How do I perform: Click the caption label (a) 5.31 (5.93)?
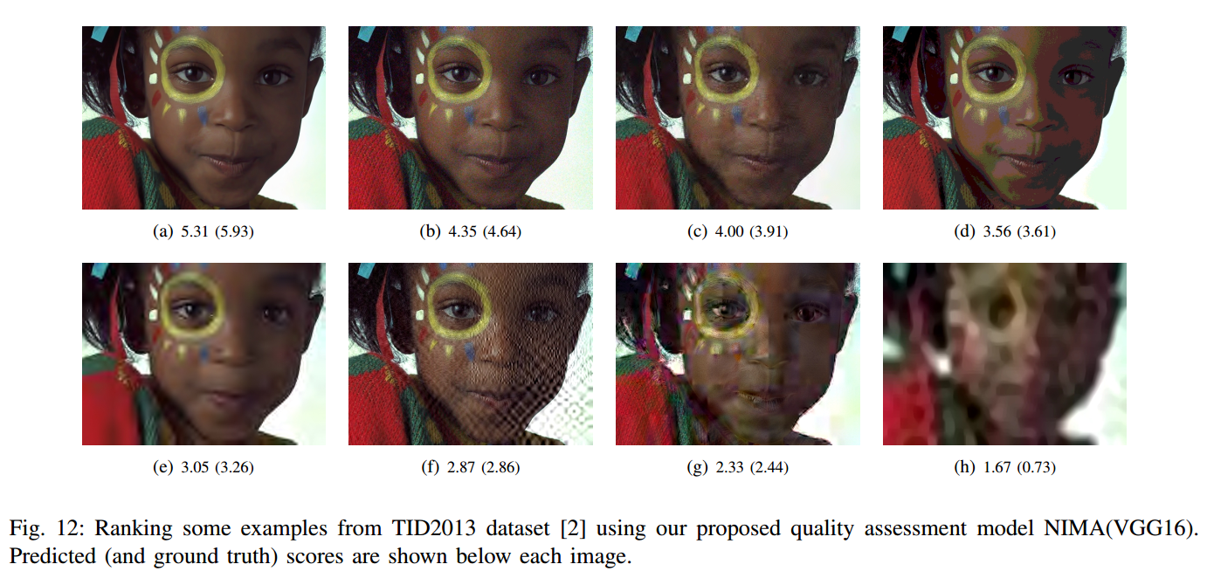pos(203,232)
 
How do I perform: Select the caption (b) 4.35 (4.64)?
pos(470,232)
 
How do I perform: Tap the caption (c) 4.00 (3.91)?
pos(737,232)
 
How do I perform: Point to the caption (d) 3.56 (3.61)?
pos(1004,232)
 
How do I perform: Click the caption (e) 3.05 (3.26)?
pos(203,468)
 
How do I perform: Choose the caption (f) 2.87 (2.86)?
pos(470,468)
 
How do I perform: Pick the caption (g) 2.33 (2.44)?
pos(737,468)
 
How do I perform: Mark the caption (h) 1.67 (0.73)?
pos(1004,468)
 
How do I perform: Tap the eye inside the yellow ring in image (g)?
pos(725,310)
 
